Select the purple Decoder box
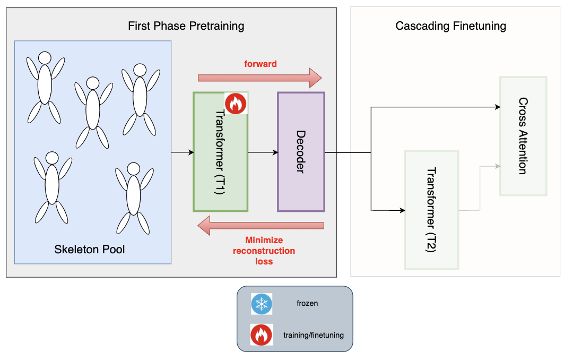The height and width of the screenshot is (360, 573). coord(301,152)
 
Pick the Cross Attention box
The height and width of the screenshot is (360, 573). coord(523,136)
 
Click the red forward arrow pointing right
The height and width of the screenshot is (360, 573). coord(259,78)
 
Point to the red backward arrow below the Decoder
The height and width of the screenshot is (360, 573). coord(261,226)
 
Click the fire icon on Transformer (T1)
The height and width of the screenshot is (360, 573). coord(236,103)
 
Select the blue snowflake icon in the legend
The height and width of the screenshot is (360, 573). coord(262,304)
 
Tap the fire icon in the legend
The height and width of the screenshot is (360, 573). coord(262,335)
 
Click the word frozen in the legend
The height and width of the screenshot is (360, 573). coord(307,304)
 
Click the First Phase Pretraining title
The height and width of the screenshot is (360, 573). coord(186,26)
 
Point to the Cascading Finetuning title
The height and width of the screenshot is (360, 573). coord(451,26)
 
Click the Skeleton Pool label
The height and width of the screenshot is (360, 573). coord(90,249)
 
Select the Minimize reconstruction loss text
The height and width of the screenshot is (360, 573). coord(264,251)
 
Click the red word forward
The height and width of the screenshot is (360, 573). coord(260,64)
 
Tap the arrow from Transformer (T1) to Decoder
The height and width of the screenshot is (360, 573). coord(263,153)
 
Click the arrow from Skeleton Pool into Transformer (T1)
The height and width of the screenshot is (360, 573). coord(182,153)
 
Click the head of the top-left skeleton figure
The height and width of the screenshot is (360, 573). coord(45,58)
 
